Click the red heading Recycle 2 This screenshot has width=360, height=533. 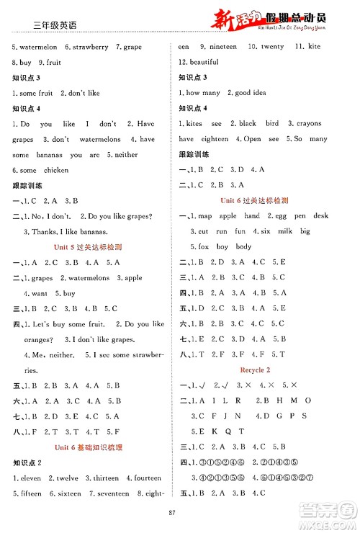pyautogui.click(x=258, y=369)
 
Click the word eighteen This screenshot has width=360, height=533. pyautogui.click(x=215, y=139)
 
